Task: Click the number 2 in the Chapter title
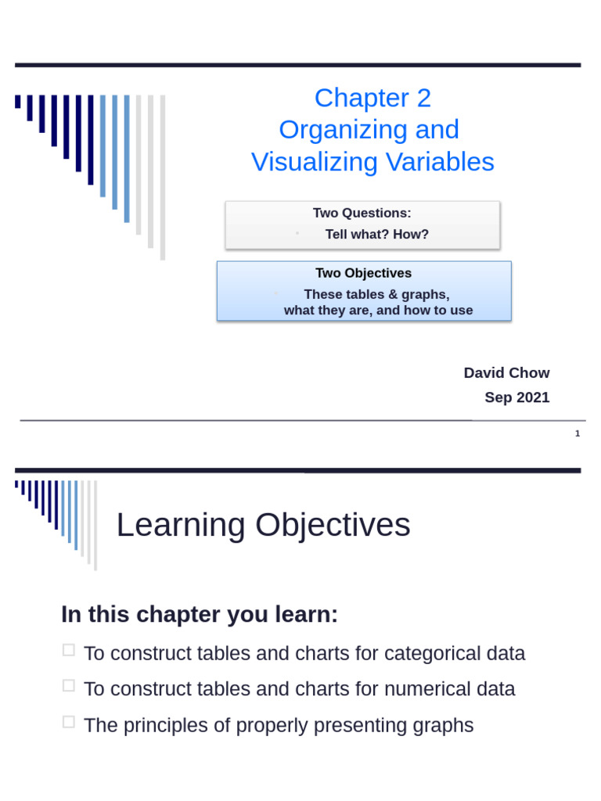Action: pos(423,99)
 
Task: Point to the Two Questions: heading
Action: pos(362,213)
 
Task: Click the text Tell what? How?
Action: pos(376,234)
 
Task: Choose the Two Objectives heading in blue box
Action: pos(363,273)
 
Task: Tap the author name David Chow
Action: pos(506,373)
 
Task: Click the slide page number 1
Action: pos(578,433)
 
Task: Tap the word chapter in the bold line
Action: pos(178,615)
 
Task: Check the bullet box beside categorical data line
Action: pos(69,650)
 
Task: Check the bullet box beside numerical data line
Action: pos(69,686)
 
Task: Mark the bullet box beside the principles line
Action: pos(69,722)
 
